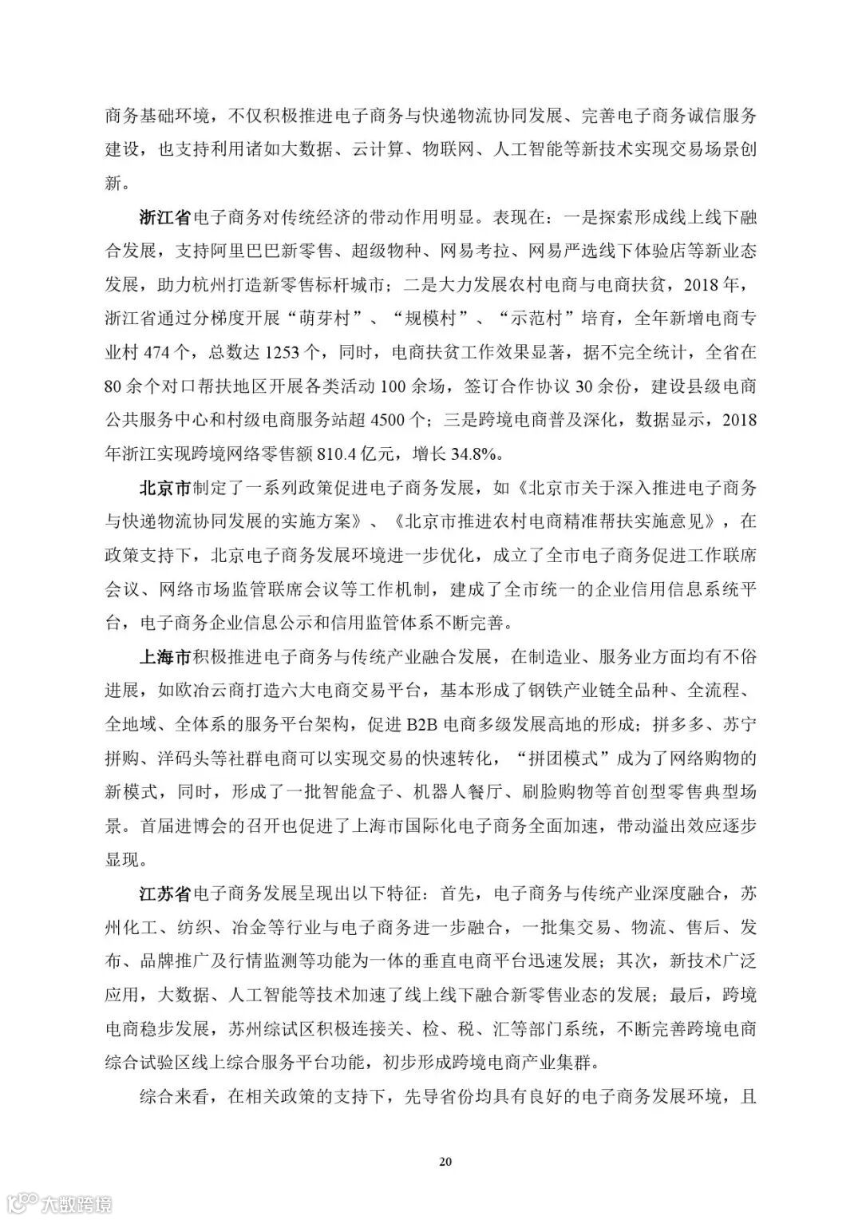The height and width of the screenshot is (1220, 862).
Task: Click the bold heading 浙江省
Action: tap(165, 217)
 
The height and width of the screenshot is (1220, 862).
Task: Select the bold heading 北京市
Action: tap(165, 488)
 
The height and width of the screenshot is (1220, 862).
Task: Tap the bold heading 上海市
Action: tap(165, 657)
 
